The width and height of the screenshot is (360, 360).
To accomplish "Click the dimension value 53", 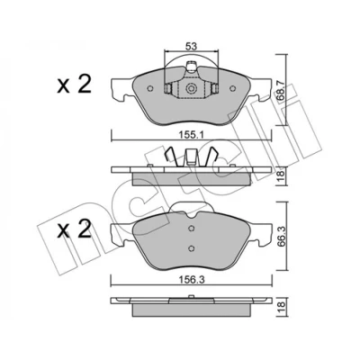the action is (191, 47).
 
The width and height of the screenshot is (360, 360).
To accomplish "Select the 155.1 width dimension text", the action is (193, 135).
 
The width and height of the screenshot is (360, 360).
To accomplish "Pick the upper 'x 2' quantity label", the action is (74, 85).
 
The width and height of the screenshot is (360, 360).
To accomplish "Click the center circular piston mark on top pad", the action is (191, 88).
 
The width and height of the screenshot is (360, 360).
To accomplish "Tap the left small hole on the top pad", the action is (150, 88).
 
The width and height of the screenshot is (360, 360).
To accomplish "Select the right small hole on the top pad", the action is (232, 88).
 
